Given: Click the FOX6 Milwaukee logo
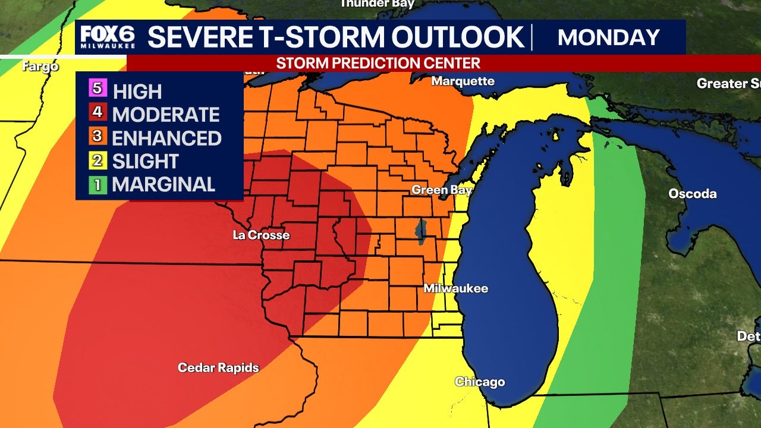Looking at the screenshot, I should coord(108,37).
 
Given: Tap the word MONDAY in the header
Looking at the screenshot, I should coord(609,37).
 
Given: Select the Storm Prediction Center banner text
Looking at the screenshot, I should coord(378,63).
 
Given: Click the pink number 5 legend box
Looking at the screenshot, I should coord(99,90).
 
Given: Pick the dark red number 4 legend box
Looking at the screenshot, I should coord(99,114).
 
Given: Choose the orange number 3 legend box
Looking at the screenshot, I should coord(99,137).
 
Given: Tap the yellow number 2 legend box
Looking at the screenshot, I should coord(99,160).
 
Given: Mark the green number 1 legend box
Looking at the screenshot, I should coord(99,184).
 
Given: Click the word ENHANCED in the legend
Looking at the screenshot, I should coord(166,138).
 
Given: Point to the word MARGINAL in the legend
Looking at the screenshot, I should coord(163,184).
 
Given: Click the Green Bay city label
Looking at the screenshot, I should coord(442,190).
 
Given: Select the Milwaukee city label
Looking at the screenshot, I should coord(455,288).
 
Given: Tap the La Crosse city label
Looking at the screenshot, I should coord(261,235).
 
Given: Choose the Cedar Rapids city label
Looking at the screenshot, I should coord(218,368).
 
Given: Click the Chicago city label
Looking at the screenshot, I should coord(479,382).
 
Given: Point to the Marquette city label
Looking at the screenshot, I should coord(463,81).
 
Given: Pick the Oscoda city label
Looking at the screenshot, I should coord(692,194).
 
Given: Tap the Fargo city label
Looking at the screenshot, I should coord(40,66).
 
